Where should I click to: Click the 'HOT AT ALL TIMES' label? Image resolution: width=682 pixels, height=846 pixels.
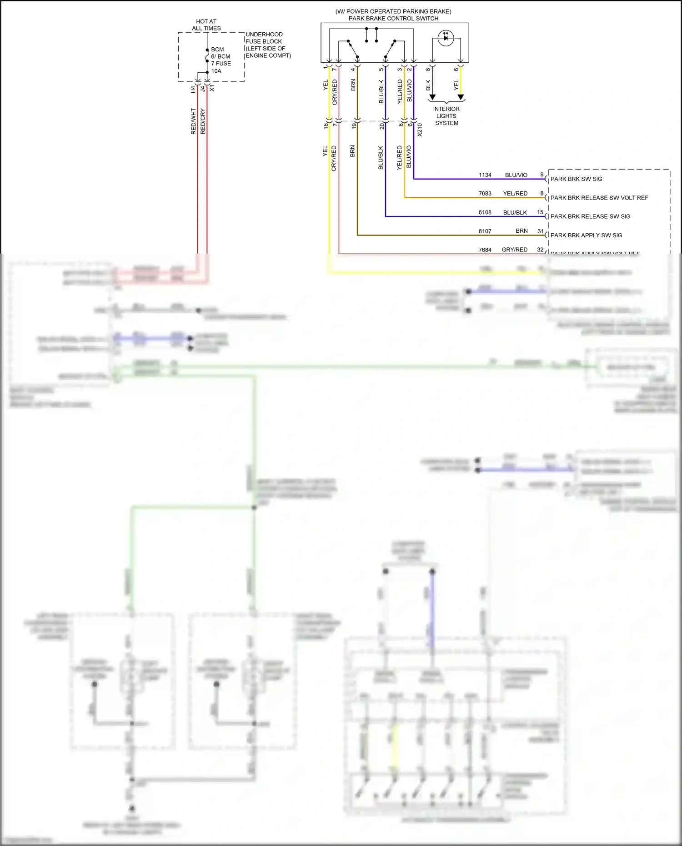[x=206, y=25]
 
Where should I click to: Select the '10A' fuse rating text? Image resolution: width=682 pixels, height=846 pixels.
[x=216, y=71]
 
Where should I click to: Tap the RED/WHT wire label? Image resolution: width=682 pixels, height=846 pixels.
[x=193, y=121]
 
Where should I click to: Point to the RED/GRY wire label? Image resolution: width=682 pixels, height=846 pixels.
[x=203, y=121]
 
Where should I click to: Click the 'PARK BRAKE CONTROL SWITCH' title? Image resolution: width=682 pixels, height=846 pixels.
[x=393, y=19]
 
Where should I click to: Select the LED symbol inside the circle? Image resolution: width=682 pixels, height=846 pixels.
[x=446, y=38]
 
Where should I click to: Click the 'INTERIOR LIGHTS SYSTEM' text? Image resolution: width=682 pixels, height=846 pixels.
[x=446, y=116]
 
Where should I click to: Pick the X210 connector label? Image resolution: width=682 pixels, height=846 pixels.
[x=420, y=130]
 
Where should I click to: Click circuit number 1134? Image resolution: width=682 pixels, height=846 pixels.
[x=485, y=175]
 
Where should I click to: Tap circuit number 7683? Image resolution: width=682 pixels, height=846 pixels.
[x=485, y=194]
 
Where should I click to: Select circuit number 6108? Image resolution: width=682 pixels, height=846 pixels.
[x=485, y=212]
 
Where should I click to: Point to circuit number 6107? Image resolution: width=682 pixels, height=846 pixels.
[x=485, y=231]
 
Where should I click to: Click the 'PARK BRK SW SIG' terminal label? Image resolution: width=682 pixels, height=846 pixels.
[x=576, y=179]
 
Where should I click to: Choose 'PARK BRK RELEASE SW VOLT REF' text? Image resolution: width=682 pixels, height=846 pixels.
[x=599, y=198]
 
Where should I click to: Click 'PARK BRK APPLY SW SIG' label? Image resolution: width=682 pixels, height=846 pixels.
[x=586, y=235]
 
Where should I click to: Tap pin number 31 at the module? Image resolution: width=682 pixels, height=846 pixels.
[x=541, y=231]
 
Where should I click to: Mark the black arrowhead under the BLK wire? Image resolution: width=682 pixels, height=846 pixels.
[x=432, y=97]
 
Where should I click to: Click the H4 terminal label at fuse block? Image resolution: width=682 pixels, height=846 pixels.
[x=193, y=90]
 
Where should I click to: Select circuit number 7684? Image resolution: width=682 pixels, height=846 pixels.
[x=485, y=250]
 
